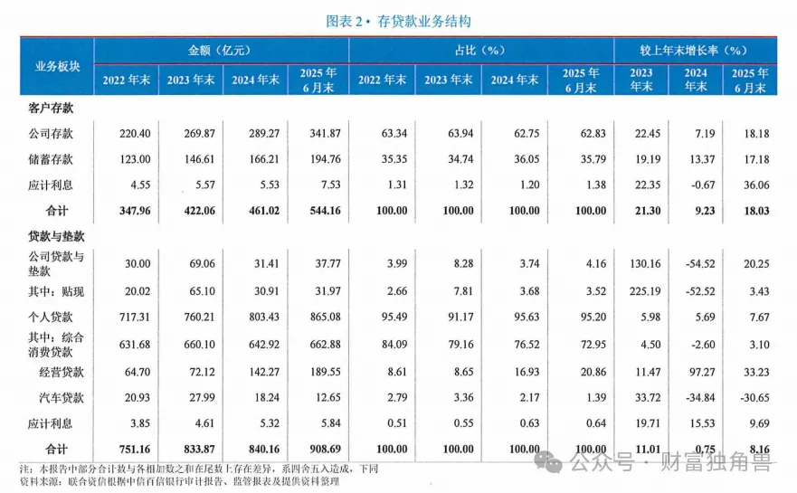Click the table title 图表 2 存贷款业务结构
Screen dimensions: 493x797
pyautogui.click(x=399, y=21)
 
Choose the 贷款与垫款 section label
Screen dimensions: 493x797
pyautogui.click(x=52, y=234)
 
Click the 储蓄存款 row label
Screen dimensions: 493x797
pyautogui.click(x=52, y=159)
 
